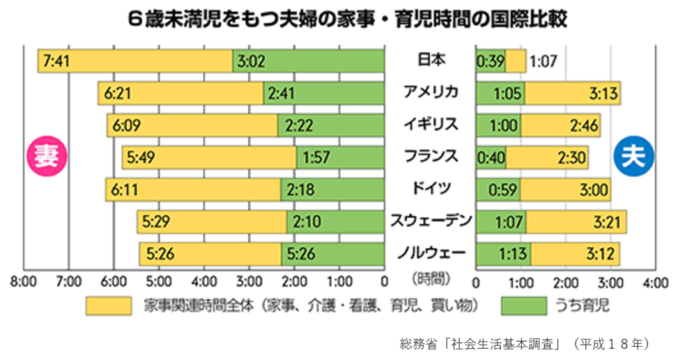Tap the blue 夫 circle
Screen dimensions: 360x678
point(634,157)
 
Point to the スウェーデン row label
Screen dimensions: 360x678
point(431,220)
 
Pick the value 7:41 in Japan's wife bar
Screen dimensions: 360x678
point(56,62)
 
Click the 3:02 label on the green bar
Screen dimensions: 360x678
point(251,62)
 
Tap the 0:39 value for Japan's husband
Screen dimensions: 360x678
point(491,62)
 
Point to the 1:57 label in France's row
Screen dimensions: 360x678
point(316,158)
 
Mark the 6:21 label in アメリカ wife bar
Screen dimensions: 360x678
point(117,94)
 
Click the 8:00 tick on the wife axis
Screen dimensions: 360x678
point(23,282)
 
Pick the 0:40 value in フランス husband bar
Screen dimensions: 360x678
point(491,158)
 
